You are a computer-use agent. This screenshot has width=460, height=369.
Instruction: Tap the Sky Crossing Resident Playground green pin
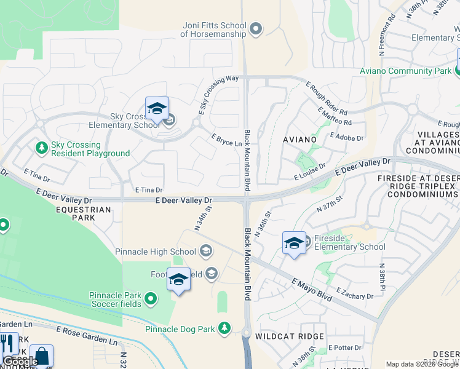click(x=42, y=148)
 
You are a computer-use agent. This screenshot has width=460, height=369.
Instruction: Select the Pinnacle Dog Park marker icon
click(x=226, y=328)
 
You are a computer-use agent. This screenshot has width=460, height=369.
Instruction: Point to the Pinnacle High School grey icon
click(x=206, y=251)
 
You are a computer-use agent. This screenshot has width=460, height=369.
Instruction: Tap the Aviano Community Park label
click(x=406, y=71)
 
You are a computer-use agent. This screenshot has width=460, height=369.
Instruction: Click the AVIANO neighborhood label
click(x=299, y=140)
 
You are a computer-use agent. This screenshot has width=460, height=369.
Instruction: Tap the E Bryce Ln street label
click(x=226, y=140)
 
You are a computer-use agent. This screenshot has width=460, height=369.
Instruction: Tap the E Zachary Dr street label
click(x=355, y=293)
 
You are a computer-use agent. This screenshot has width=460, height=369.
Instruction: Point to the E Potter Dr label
click(x=345, y=347)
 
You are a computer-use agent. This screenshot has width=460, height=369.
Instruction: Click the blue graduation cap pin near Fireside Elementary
click(x=294, y=242)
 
